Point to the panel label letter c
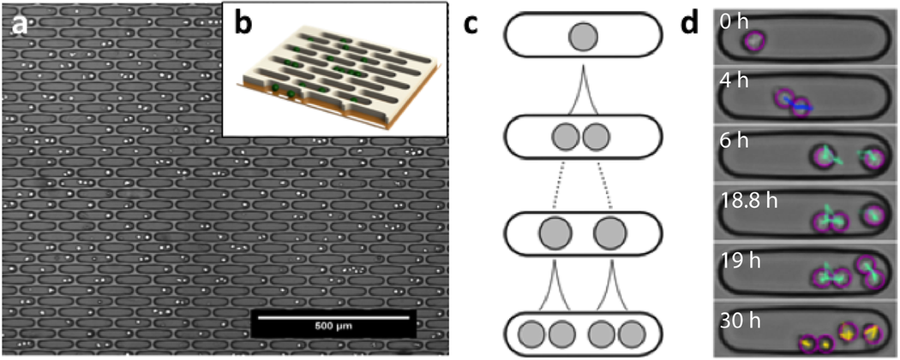pyautogui.click(x=471, y=25)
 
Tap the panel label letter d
pyautogui.click(x=691, y=25)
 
